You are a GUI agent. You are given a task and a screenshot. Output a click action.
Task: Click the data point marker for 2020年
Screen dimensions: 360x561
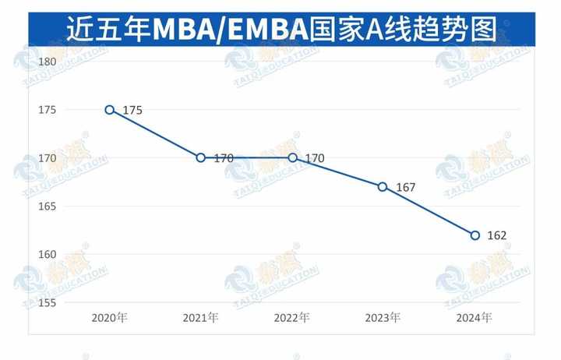click(x=110, y=110)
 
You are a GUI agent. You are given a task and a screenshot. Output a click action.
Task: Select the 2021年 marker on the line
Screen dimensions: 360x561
click(x=201, y=157)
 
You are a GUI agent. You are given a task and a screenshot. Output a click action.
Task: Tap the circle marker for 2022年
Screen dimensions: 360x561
click(x=292, y=157)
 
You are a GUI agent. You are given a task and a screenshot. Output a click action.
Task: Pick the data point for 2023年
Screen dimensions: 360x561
click(x=383, y=186)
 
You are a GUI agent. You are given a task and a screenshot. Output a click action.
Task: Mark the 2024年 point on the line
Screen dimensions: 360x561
click(x=475, y=235)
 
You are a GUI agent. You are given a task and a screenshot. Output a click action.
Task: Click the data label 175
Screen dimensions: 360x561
click(x=132, y=111)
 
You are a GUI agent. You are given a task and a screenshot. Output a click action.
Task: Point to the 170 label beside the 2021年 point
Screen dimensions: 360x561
click(x=224, y=158)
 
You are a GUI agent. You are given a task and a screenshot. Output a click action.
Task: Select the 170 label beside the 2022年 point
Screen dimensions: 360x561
click(x=315, y=158)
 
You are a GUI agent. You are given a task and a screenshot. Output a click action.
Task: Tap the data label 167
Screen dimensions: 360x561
click(x=406, y=187)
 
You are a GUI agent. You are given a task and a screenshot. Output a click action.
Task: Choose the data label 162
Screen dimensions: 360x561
click(x=497, y=235)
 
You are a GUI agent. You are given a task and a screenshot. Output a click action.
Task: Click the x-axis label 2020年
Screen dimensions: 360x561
click(x=109, y=318)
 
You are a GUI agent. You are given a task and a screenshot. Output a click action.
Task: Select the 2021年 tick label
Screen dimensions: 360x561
click(x=201, y=318)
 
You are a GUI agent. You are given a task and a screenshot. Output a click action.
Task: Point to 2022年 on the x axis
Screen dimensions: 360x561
click(x=292, y=318)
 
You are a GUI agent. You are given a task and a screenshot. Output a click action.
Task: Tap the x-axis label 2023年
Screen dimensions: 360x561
click(x=383, y=318)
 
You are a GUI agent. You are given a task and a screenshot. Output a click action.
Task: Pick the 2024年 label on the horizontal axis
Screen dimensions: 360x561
click(x=475, y=318)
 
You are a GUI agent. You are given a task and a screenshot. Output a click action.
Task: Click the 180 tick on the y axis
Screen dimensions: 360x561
click(x=48, y=62)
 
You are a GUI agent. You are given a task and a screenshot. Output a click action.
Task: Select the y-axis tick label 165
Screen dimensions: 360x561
click(x=48, y=206)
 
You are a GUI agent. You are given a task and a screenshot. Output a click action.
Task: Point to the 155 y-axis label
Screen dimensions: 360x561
click(x=48, y=302)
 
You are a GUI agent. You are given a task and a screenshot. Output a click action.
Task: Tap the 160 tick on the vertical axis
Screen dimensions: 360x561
click(x=48, y=255)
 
